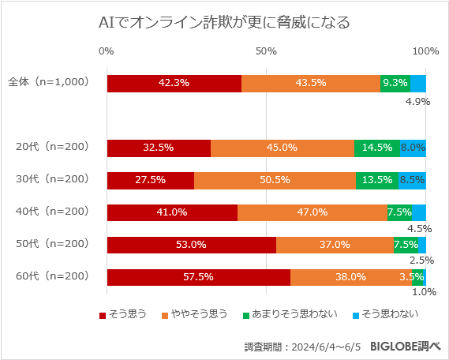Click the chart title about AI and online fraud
click(x=224, y=22)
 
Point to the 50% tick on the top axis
click(x=266, y=51)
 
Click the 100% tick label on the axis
click(x=426, y=51)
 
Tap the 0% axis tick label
click(x=107, y=51)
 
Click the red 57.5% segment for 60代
click(x=198, y=277)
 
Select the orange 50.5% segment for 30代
click(x=275, y=179)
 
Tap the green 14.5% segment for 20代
click(x=377, y=147)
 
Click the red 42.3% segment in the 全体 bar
click(x=174, y=82)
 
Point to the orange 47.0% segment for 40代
click(x=312, y=212)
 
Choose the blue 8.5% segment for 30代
click(x=412, y=179)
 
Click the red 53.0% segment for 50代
click(x=191, y=245)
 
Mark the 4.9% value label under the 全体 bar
click(x=417, y=101)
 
